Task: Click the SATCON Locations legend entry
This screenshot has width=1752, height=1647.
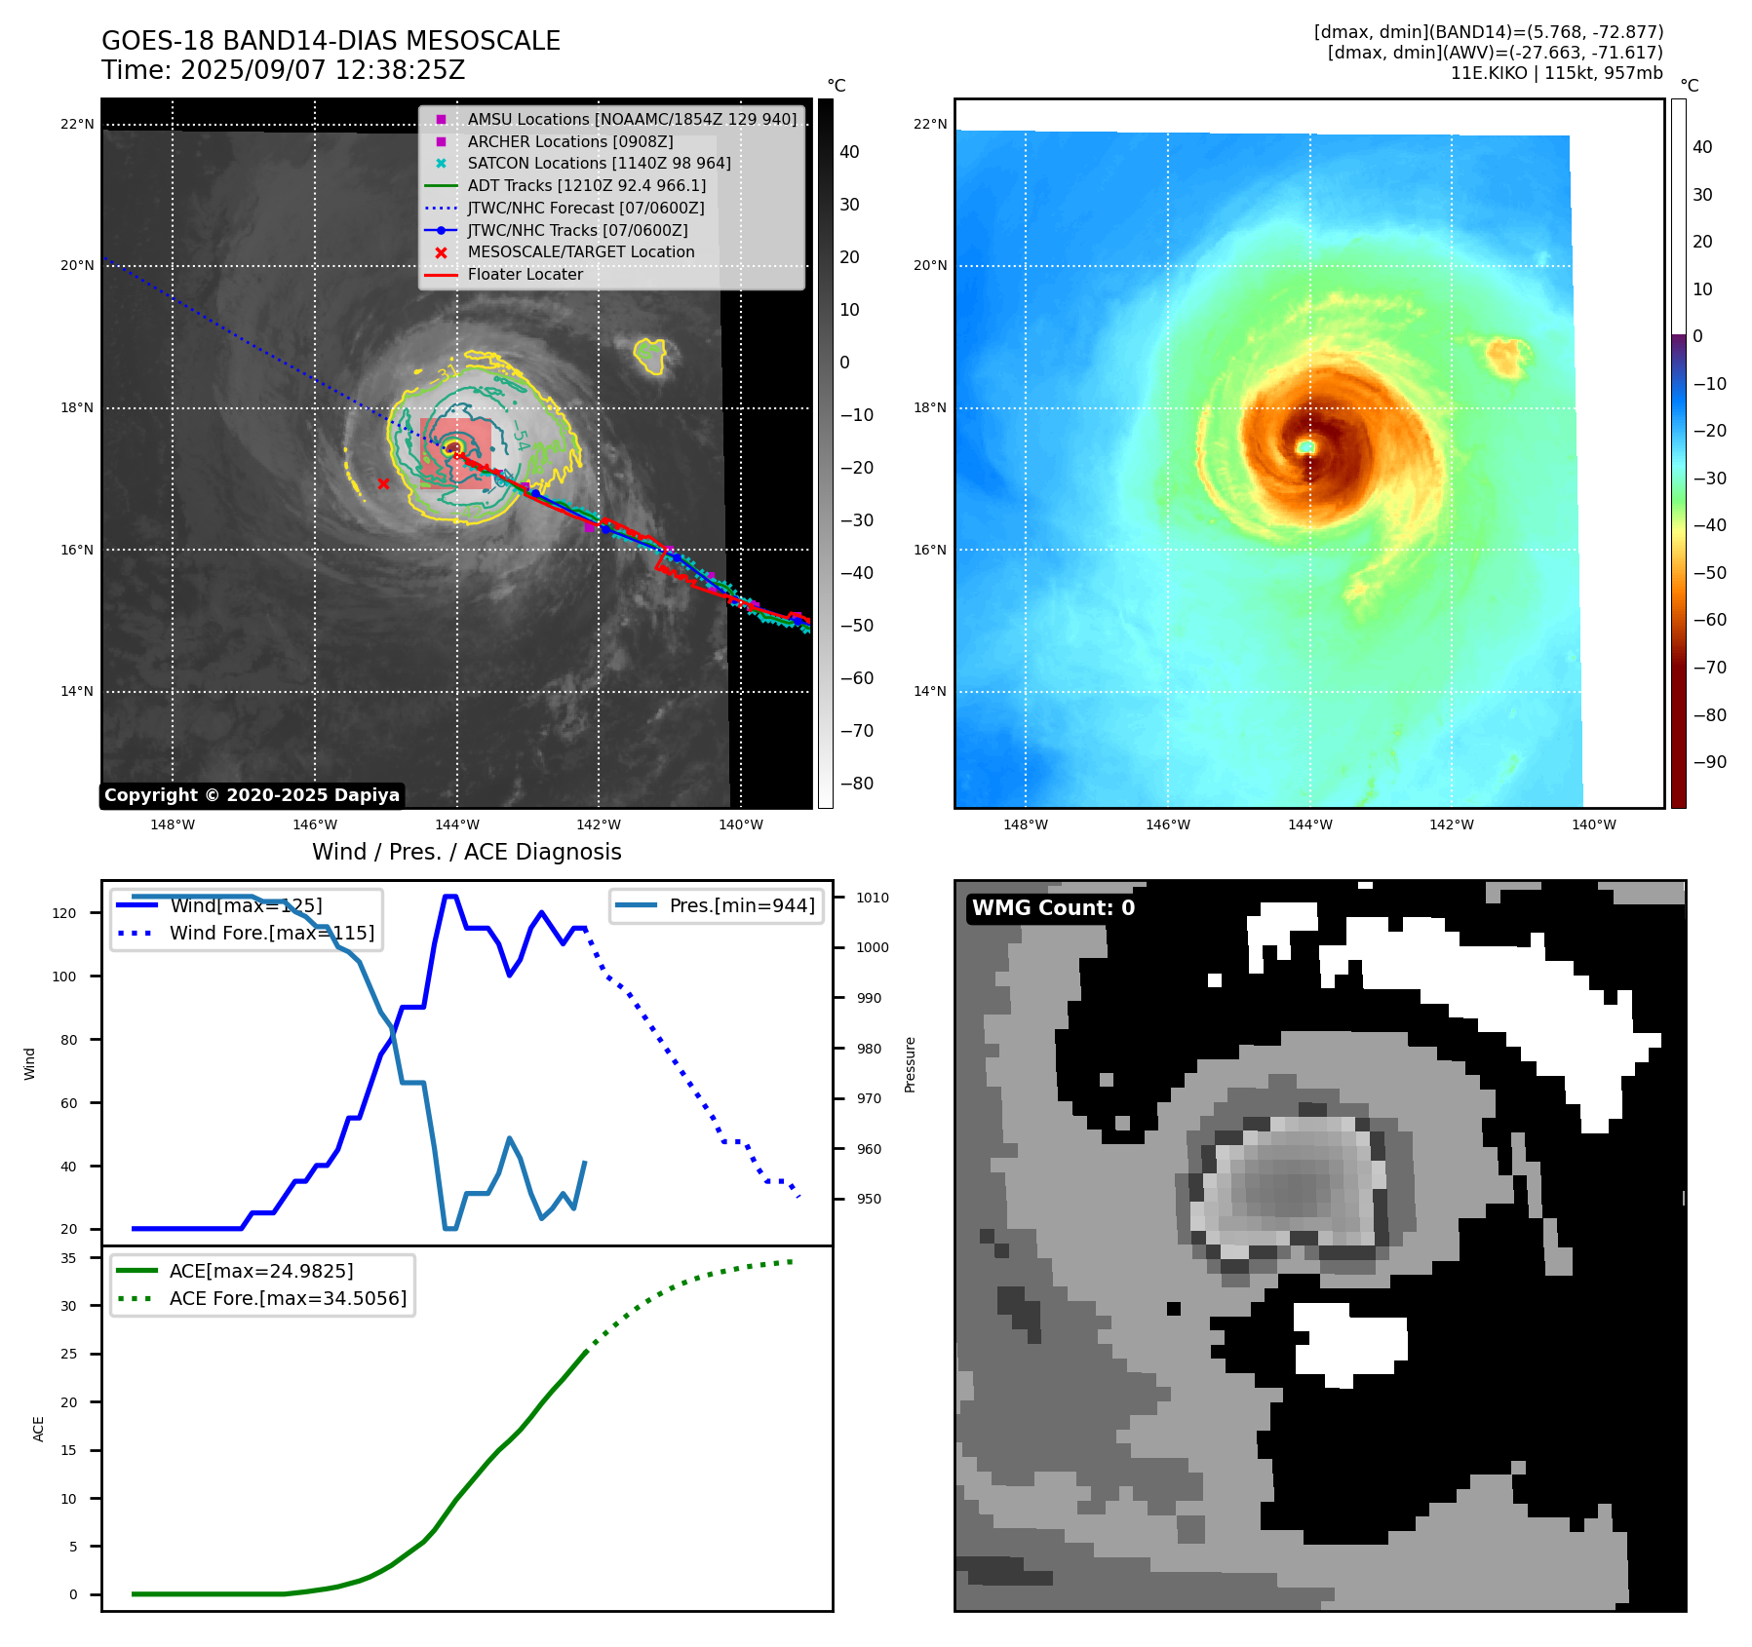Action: click(x=599, y=164)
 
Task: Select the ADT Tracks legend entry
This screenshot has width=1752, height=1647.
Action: click(x=586, y=186)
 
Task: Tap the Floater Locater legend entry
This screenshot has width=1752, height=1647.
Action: click(x=525, y=275)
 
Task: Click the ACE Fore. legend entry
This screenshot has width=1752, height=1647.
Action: click(x=288, y=1298)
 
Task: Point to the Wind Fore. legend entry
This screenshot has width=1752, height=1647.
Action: click(x=271, y=933)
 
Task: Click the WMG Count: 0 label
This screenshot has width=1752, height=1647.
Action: click(x=1053, y=908)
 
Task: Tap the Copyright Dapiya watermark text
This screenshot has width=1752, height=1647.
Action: click(x=252, y=795)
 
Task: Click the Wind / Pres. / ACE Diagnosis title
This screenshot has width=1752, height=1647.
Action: click(x=466, y=852)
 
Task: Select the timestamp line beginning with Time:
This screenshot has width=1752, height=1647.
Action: click(x=283, y=71)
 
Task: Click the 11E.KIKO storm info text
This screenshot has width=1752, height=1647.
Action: click(x=1556, y=73)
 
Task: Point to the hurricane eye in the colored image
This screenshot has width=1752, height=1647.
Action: click(x=1305, y=446)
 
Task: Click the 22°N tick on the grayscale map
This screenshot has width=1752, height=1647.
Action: click(x=77, y=124)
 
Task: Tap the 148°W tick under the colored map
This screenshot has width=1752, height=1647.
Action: click(x=1025, y=824)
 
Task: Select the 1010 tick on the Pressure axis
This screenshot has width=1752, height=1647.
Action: click(x=873, y=898)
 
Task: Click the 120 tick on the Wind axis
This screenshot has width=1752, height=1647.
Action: click(x=63, y=913)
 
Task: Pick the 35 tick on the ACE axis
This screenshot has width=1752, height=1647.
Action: click(x=68, y=1258)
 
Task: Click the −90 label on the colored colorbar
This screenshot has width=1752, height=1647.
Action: click(x=1709, y=762)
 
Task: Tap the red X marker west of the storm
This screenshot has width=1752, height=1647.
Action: click(x=383, y=483)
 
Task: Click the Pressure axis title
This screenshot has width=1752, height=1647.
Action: click(x=910, y=1064)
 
